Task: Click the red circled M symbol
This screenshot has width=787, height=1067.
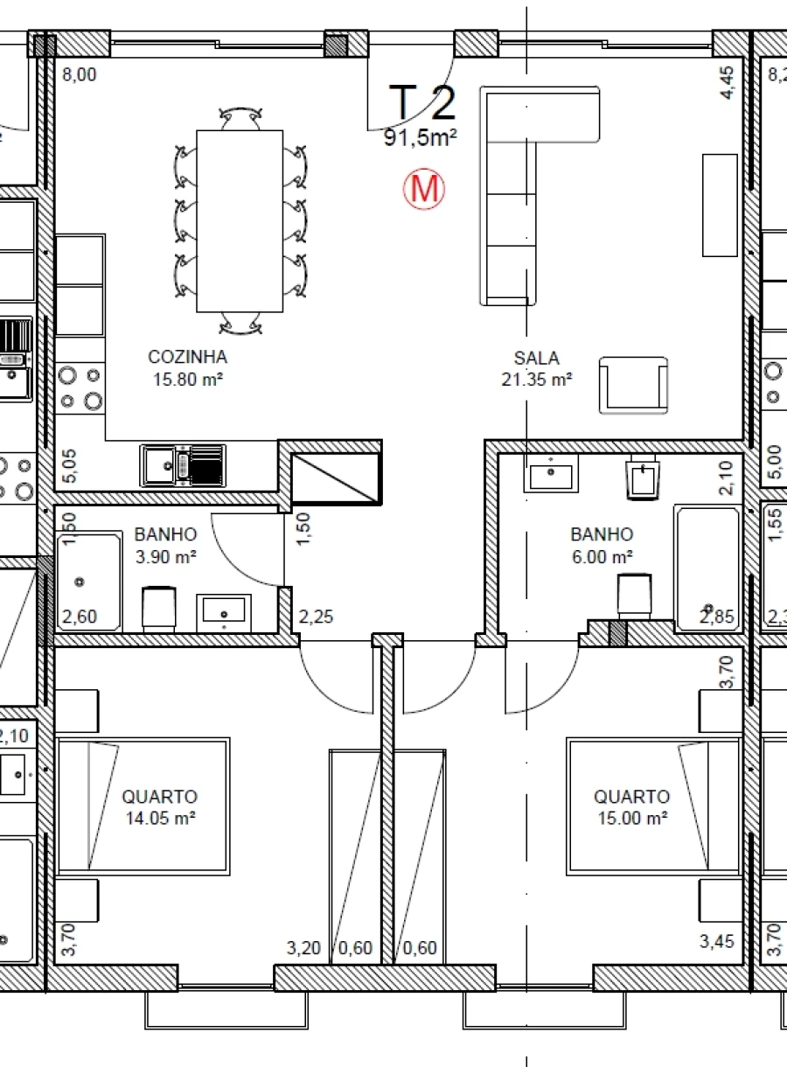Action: (x=424, y=189)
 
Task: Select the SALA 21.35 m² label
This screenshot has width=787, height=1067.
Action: (x=536, y=368)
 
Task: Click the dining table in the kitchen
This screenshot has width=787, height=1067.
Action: (x=240, y=220)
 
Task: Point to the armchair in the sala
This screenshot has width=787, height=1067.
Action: (x=632, y=385)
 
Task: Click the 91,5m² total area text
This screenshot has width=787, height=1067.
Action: (x=421, y=136)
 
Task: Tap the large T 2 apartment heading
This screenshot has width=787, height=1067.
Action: (x=422, y=102)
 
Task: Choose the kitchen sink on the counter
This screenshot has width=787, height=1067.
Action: (x=182, y=465)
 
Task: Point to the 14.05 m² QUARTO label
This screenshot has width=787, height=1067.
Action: (x=159, y=807)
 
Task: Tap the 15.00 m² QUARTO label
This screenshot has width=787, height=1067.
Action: (x=631, y=807)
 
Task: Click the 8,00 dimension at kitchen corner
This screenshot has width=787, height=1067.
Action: (x=79, y=75)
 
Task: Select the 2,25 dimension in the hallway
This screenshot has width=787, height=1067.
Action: (x=316, y=617)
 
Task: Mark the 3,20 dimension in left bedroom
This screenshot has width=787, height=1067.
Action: (x=304, y=948)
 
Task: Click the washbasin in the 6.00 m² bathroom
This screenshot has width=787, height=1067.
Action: (x=551, y=476)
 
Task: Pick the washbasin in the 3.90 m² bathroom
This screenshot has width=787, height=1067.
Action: (x=226, y=610)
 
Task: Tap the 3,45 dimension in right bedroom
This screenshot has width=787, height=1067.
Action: (x=716, y=942)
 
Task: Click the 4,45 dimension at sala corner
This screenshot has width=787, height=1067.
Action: (x=728, y=84)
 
